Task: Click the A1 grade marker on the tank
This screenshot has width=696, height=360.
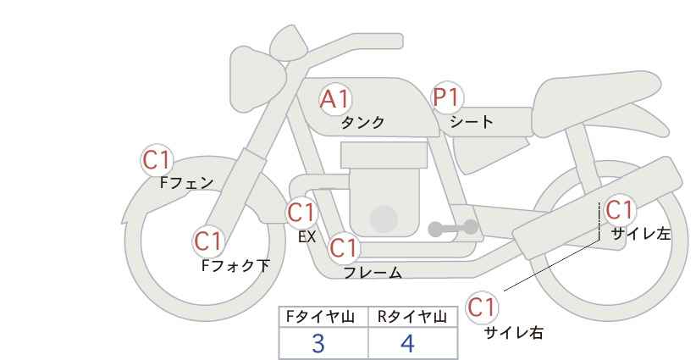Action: pyautogui.click(x=335, y=99)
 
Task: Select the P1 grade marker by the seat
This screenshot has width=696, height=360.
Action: pyautogui.click(x=447, y=97)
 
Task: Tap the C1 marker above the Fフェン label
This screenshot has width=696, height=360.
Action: pyautogui.click(x=157, y=160)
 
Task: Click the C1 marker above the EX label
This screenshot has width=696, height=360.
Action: pyautogui.click(x=301, y=213)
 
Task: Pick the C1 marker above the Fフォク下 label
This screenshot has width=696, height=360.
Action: pyautogui.click(x=208, y=241)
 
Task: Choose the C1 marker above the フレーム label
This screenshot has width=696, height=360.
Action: pyautogui.click(x=344, y=247)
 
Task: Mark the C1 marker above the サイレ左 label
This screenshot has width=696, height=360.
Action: pyautogui.click(x=619, y=210)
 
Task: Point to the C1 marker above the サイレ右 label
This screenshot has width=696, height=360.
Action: pyautogui.click(x=482, y=307)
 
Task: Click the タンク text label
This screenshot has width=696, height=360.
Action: pyautogui.click(x=362, y=123)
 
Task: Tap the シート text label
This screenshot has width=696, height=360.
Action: pyautogui.click(x=472, y=122)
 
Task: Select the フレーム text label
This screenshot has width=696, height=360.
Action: pyautogui.click(x=373, y=273)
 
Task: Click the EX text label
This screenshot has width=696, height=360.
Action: pyautogui.click(x=307, y=237)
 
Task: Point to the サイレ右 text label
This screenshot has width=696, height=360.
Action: pyautogui.click(x=513, y=333)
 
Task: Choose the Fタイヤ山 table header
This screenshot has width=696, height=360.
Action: pyautogui.click(x=321, y=317)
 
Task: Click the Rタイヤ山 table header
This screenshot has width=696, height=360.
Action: pyautogui.click(x=412, y=317)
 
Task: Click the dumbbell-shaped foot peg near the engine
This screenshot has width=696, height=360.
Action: pyautogui.click(x=453, y=228)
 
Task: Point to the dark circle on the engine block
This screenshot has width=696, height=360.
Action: pyautogui.click(x=384, y=219)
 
